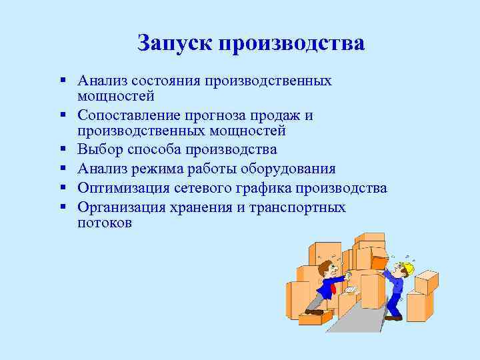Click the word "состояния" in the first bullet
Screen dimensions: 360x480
[167, 81]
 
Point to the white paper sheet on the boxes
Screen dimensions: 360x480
[349, 291]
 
